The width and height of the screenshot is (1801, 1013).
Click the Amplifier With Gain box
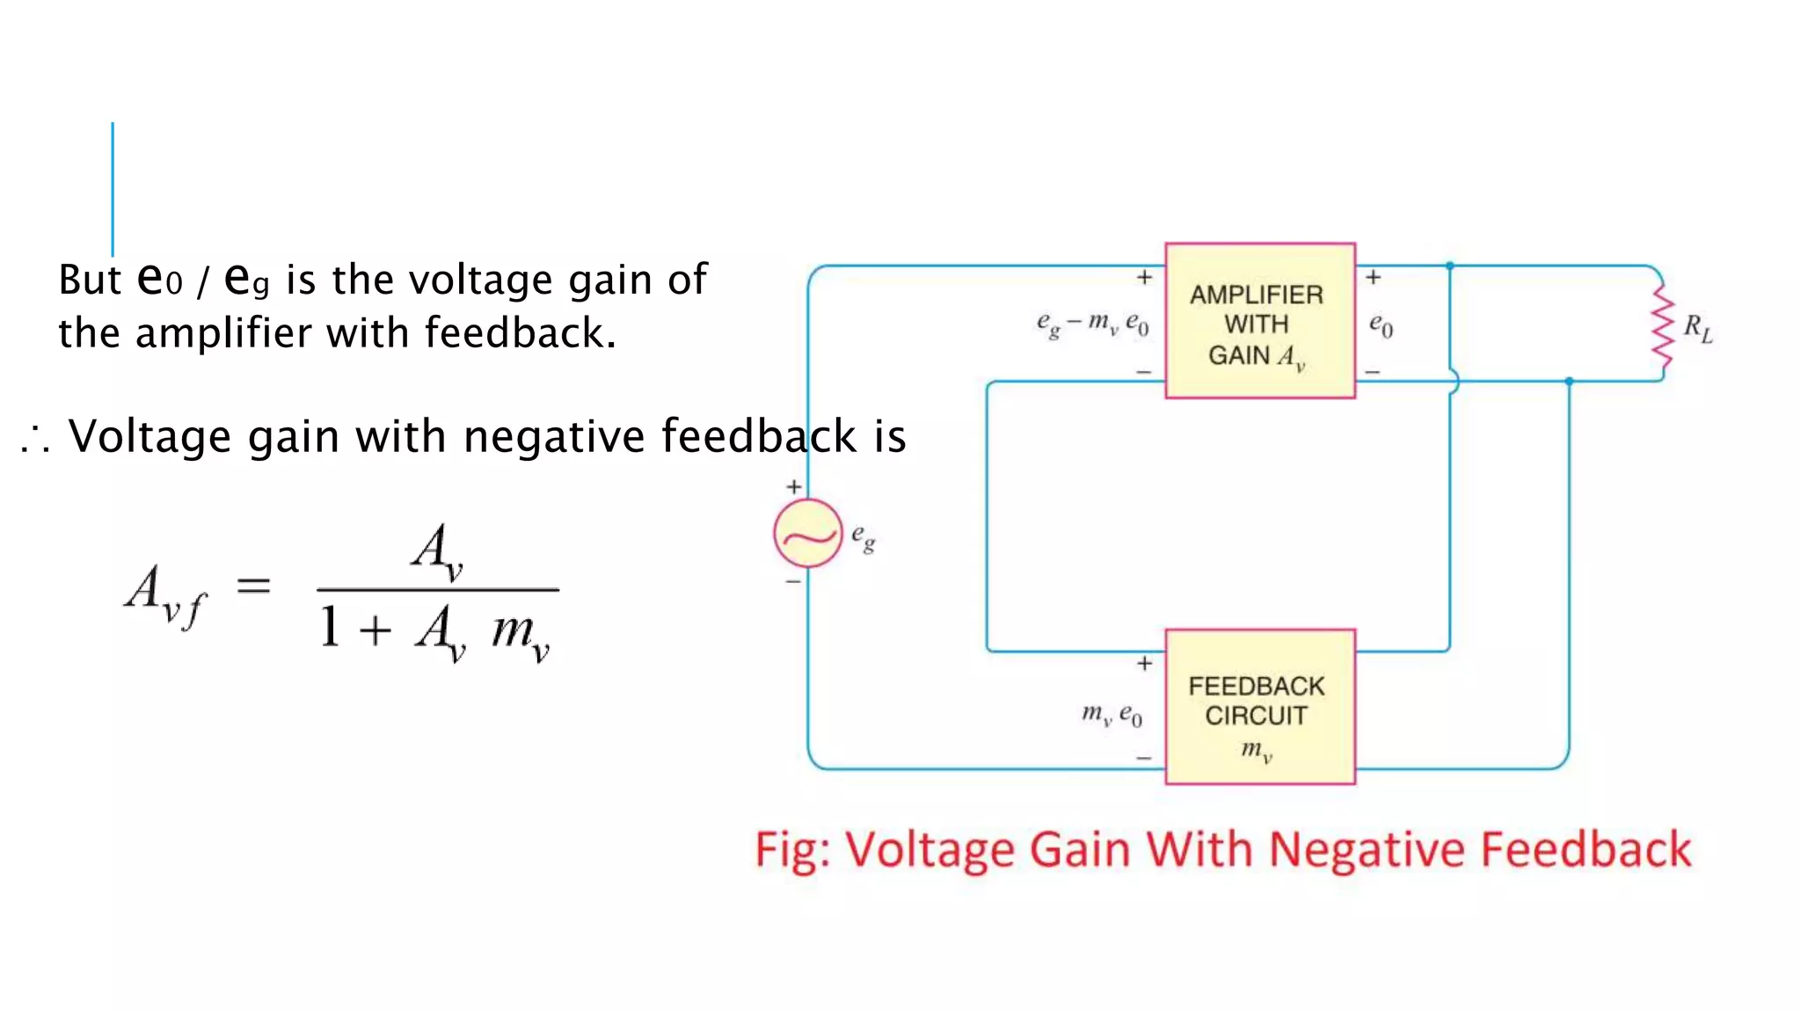(1259, 321)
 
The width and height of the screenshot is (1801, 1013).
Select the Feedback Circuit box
(1259, 706)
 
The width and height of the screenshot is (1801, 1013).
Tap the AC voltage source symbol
(807, 534)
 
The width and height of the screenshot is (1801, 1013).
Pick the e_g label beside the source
(863, 536)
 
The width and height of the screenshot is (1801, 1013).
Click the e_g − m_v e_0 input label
(1092, 324)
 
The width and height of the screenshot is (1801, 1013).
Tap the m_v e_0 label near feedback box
(1112, 714)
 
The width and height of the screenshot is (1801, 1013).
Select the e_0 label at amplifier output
(1381, 325)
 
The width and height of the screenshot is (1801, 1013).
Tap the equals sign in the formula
(253, 585)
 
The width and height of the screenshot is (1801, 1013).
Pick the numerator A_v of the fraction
(437, 550)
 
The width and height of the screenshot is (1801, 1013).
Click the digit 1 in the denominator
(330, 628)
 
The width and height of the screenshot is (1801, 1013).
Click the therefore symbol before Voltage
(35, 439)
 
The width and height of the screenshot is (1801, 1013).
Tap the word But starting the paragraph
(89, 281)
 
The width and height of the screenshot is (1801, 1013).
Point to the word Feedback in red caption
(1586, 849)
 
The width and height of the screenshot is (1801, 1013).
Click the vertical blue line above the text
(113, 188)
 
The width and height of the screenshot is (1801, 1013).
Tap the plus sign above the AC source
(794, 486)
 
